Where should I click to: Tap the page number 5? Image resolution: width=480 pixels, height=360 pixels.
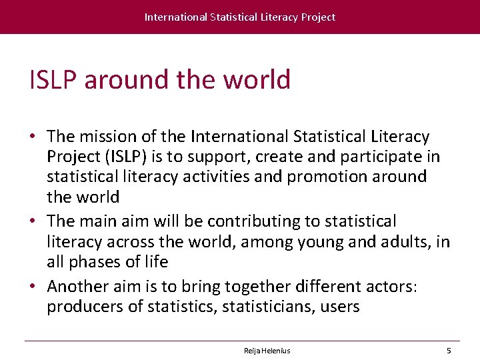pyautogui.click(x=449, y=351)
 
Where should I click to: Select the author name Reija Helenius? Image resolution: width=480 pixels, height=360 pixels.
pyautogui.click(x=267, y=351)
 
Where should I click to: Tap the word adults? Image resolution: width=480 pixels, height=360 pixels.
pyautogui.click(x=406, y=241)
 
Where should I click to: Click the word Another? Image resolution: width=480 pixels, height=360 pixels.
pyautogui.click(x=78, y=287)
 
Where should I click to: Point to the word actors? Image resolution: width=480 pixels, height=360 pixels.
pyautogui.click(x=389, y=287)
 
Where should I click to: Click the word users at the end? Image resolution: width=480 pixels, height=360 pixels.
pyautogui.click(x=340, y=307)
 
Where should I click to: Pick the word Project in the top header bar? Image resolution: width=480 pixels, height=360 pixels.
pyautogui.click(x=318, y=17)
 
